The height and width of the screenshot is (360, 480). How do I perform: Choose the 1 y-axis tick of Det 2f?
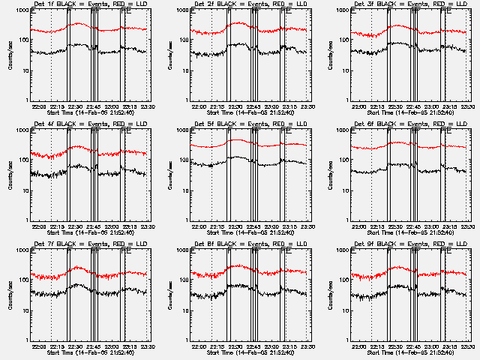[186, 100]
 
